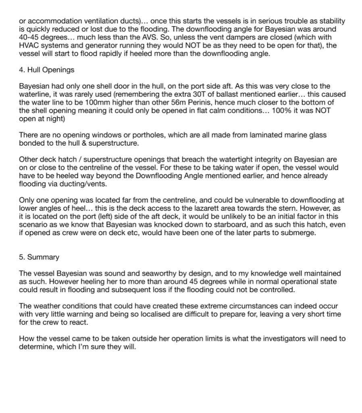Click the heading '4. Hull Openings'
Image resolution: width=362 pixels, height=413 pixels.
[47, 70]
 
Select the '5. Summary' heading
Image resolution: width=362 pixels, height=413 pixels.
[39, 257]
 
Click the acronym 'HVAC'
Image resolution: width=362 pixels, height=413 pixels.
[29, 45]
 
